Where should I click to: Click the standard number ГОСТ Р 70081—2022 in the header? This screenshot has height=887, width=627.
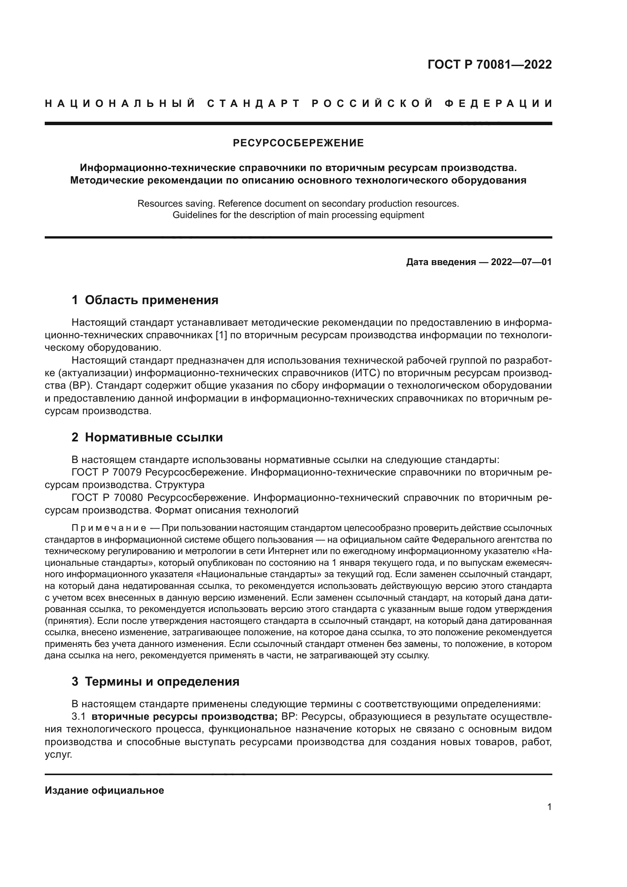click(x=489, y=64)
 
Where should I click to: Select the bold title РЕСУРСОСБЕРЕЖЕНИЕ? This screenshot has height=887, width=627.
click(x=298, y=143)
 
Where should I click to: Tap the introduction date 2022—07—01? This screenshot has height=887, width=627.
click(x=521, y=262)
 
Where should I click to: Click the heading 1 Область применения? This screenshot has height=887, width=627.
click(x=145, y=300)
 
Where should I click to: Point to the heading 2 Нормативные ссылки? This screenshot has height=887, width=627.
click(x=147, y=437)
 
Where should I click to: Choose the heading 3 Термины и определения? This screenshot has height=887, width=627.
click(x=155, y=681)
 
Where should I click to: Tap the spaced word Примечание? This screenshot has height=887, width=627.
click(x=108, y=528)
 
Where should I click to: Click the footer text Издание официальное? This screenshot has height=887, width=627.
click(x=104, y=790)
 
